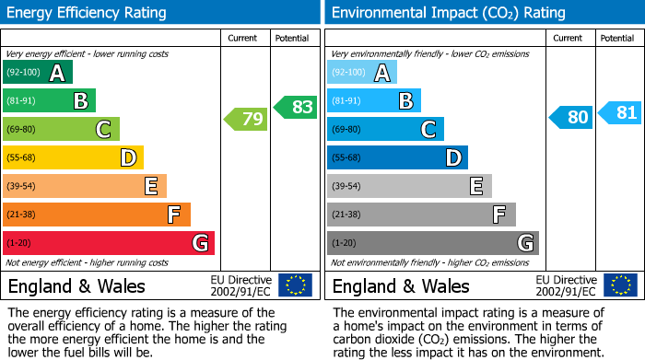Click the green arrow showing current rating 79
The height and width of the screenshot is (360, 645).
tap(246, 119)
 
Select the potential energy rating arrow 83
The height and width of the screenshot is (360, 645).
tap(295, 107)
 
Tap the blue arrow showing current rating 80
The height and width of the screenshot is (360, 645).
tap(571, 118)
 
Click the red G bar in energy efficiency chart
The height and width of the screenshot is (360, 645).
tap(108, 243)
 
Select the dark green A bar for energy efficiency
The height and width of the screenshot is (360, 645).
tap(37, 73)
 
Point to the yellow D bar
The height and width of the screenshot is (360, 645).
tap(73, 157)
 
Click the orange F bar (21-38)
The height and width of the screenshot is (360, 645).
tap(96, 215)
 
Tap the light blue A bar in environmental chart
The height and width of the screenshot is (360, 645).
tap(361, 73)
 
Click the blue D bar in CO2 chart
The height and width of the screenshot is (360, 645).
tap(396, 157)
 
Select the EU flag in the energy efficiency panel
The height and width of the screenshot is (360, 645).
tap(295, 285)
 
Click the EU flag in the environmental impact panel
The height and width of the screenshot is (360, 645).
tap(619, 285)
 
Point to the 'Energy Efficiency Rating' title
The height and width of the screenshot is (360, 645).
tap(88, 13)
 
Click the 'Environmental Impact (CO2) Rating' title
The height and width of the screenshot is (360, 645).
tap(448, 13)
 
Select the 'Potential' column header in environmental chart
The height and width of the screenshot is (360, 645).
tap(617, 38)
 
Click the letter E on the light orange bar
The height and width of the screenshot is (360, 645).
tap(150, 187)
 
